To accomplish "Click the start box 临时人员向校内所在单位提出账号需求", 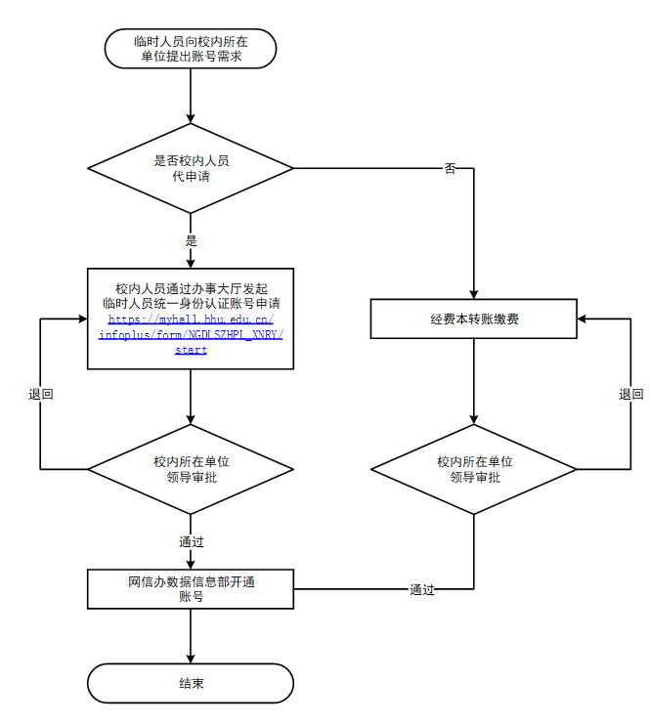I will [x=191, y=49].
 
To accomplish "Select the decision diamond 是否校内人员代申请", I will [x=191, y=168].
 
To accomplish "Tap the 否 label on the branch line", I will [x=450, y=169].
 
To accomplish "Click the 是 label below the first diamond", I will [x=191, y=240].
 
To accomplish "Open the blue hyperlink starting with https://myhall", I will [x=191, y=334].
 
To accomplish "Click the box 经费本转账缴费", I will [x=474, y=320].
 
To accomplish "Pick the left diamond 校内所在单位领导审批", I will [x=191, y=469].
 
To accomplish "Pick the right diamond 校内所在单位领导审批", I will [x=474, y=469].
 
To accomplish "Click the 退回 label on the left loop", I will [x=40, y=395].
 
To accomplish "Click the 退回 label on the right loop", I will [x=630, y=395].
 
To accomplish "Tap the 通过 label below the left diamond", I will [x=191, y=541].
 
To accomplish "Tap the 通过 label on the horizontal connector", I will [x=422, y=590].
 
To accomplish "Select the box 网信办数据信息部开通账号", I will [x=191, y=589].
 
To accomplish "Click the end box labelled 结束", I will [x=191, y=683].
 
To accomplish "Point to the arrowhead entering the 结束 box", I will [x=191, y=658].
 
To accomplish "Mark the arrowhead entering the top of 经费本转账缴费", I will [x=474, y=293].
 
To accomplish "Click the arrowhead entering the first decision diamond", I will [x=191, y=117].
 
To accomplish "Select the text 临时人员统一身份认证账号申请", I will [x=191, y=304].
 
